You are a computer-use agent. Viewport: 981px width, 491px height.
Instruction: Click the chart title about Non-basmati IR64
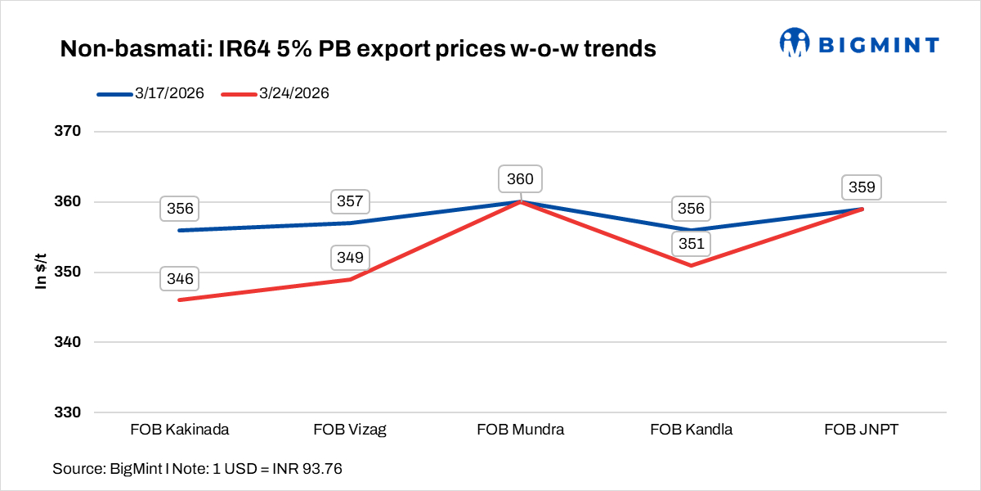point(358,49)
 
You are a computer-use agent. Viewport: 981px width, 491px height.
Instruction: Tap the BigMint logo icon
point(793,43)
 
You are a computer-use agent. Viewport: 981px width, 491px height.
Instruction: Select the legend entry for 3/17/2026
point(150,94)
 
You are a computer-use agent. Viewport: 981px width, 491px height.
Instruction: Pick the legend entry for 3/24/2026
point(275,94)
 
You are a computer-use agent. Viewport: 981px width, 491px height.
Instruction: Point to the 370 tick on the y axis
point(70,132)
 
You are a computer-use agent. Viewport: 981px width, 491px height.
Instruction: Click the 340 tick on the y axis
point(70,342)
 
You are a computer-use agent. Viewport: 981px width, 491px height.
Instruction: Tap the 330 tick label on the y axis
point(70,412)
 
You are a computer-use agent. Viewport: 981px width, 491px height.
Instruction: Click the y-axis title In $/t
point(39,272)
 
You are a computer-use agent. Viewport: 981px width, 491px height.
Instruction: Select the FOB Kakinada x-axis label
point(179,430)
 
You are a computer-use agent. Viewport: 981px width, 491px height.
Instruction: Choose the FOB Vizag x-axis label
point(350,430)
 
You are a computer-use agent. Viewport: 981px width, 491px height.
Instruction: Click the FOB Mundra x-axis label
point(521,430)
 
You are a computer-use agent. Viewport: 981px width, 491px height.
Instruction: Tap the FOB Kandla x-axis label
point(692,430)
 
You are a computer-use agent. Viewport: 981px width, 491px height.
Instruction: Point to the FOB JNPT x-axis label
point(862,430)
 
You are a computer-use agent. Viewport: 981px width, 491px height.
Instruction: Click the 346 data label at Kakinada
point(180,280)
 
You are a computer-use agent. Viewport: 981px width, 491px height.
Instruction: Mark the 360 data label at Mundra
point(521,179)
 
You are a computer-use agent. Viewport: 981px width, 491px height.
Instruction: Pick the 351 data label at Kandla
point(691,244)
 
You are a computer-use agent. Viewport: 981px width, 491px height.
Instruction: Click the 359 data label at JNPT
point(862,187)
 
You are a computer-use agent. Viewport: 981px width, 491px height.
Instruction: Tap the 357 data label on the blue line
point(351,201)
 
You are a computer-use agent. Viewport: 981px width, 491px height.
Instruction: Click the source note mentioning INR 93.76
point(197,469)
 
